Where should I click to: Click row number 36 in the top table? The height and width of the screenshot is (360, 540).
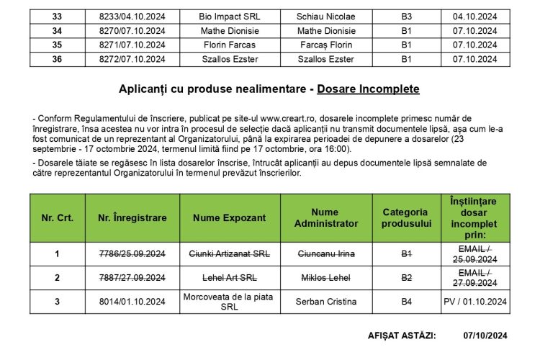57,59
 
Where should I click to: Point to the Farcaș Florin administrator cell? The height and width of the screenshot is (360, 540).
326,45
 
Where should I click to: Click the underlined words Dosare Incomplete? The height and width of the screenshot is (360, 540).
368,89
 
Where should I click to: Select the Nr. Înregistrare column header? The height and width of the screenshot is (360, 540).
132,217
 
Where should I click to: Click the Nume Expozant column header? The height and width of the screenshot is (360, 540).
228,217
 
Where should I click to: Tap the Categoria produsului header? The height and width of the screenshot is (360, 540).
406,217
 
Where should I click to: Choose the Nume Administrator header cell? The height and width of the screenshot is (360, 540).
326,217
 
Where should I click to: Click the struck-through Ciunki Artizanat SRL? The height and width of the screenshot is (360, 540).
228,253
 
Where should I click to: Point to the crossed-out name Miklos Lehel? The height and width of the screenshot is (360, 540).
326,277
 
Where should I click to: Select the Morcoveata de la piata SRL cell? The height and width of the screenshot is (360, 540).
228,301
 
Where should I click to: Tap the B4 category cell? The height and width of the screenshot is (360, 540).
406,301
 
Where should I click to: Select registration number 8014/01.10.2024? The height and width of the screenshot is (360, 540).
132,301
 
